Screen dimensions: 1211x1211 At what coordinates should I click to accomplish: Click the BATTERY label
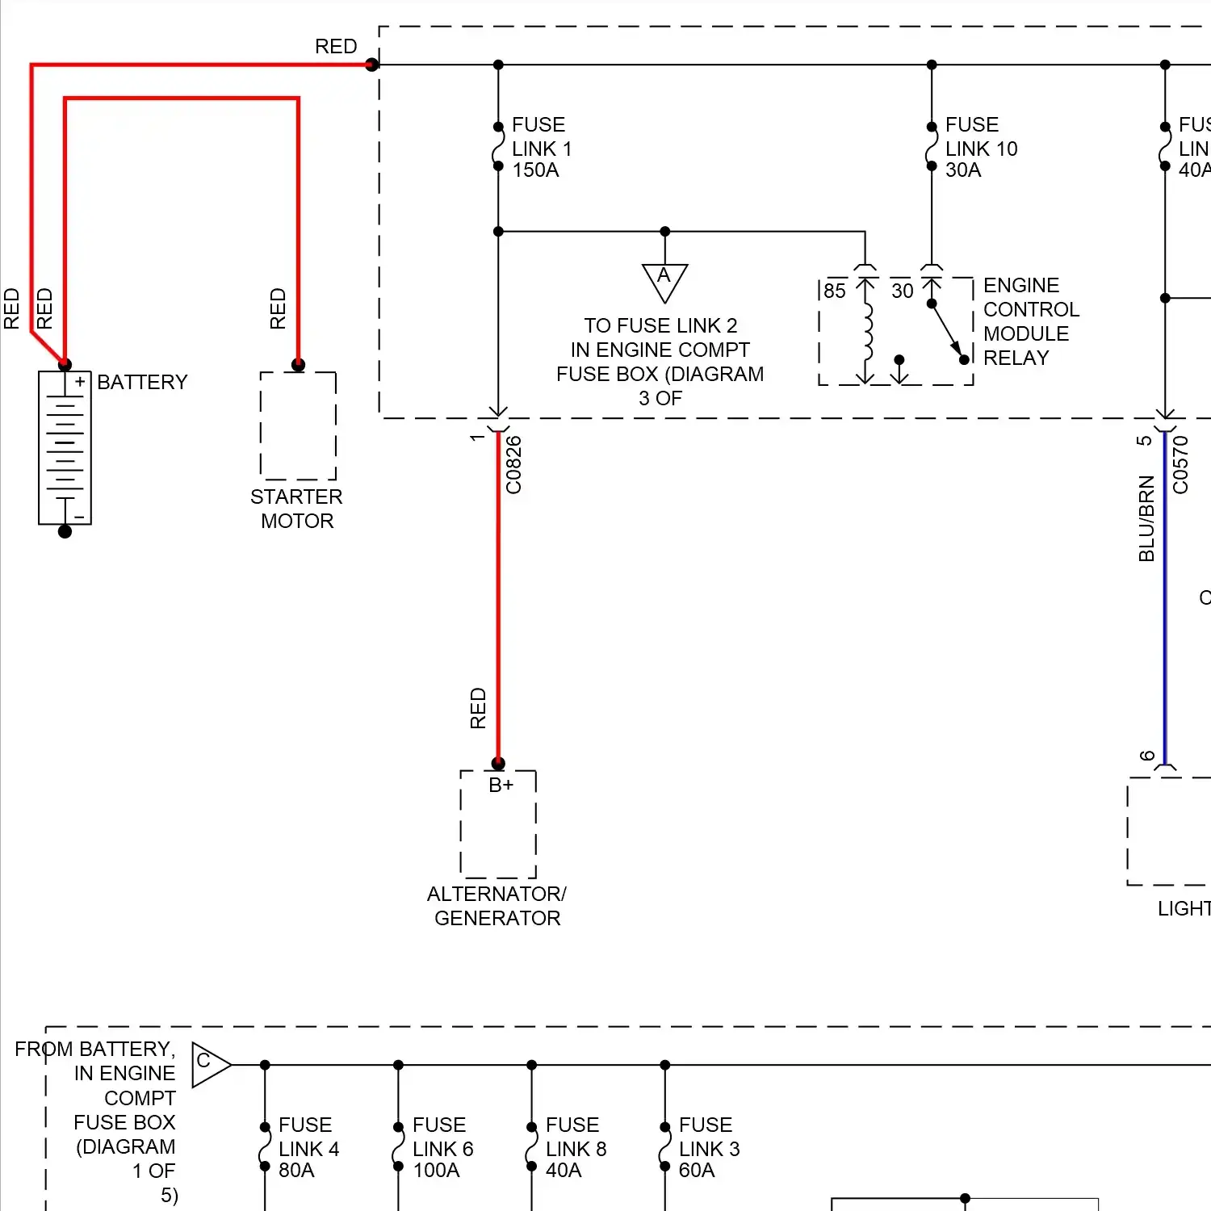tap(142, 382)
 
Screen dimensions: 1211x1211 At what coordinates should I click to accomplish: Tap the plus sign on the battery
tap(80, 382)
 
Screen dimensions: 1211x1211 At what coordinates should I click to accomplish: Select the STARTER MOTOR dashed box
tap(298, 425)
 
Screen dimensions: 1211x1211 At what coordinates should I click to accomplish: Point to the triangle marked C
tap(208, 1064)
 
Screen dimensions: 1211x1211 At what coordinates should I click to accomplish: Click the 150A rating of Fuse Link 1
tap(535, 170)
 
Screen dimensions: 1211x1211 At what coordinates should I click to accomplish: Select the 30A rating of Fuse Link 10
tap(963, 170)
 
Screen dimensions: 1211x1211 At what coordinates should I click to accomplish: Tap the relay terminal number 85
tap(835, 291)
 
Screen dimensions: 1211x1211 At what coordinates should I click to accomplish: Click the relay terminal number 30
tap(902, 291)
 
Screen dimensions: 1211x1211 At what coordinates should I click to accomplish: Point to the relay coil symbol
tap(867, 333)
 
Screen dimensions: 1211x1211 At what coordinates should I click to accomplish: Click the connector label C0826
tap(514, 465)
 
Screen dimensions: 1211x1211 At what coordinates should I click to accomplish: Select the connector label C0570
tap(1181, 465)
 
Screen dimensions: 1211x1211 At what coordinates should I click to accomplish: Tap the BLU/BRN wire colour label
tap(1146, 518)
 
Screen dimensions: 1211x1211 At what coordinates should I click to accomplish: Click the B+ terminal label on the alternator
tap(501, 785)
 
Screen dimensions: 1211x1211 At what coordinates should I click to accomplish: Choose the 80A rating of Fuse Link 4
tap(296, 1171)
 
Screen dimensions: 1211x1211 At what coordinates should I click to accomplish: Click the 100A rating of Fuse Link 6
tap(436, 1171)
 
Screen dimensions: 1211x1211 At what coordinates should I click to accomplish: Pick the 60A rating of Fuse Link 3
tap(697, 1171)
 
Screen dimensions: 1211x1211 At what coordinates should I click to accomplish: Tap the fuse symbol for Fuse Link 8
tap(531, 1147)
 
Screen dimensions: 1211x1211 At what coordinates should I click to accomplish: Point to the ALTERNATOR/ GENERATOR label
tap(497, 906)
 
